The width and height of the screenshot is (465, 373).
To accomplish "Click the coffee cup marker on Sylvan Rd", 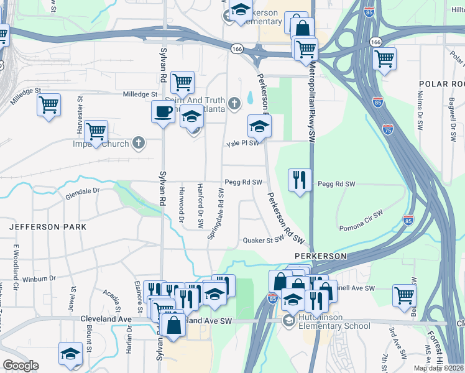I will click(x=163, y=112).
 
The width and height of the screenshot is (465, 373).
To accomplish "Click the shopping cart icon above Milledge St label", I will click(x=182, y=82).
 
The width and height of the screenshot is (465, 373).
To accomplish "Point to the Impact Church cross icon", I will click(x=138, y=144).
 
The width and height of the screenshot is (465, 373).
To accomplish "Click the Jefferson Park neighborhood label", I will click(x=48, y=228).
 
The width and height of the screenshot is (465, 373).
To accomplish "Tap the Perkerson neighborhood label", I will click(x=320, y=256).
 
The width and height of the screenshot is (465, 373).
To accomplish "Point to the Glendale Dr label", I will click(x=82, y=194).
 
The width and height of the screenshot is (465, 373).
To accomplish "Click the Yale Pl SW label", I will click(x=241, y=144).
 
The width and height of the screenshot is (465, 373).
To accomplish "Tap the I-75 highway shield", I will click(x=388, y=129).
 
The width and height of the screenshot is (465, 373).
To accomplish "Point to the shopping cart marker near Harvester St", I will click(x=48, y=104).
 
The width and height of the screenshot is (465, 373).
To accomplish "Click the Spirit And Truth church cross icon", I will click(x=234, y=103).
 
